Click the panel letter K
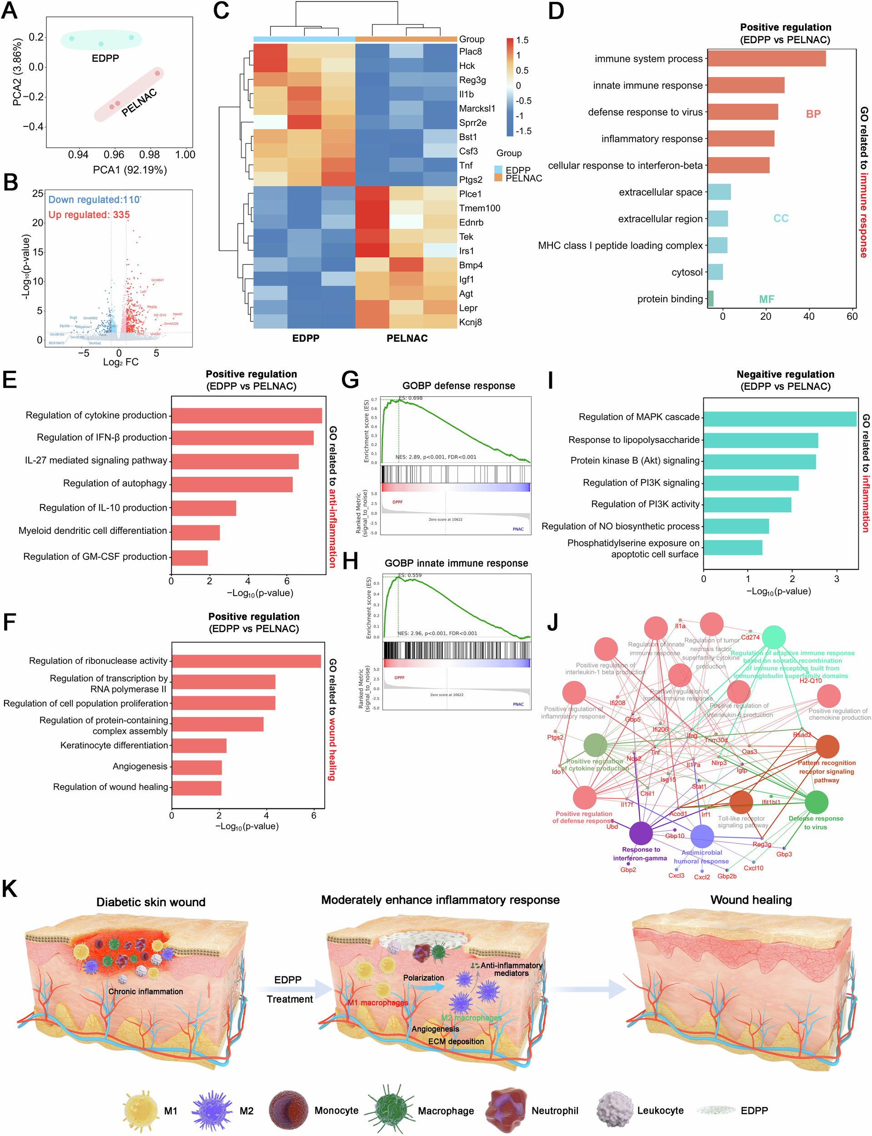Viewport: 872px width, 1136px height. coord(10,888)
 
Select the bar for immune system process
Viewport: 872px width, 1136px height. coord(766,59)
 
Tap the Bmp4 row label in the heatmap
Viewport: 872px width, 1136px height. coord(470,265)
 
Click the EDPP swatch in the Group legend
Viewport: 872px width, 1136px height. coord(498,169)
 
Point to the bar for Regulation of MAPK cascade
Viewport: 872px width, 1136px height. coord(779,419)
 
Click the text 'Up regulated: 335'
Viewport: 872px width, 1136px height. coord(89,215)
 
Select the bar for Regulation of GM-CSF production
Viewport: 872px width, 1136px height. coord(190,558)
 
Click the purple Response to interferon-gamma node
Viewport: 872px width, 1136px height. coord(641,833)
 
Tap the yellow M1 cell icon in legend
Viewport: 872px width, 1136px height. coord(140,1110)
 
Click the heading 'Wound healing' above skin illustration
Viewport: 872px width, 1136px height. coord(751,900)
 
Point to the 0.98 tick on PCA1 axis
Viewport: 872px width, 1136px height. coord(150,154)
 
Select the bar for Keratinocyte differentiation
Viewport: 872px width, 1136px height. coord(199,745)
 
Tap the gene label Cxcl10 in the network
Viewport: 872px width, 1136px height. coord(753,868)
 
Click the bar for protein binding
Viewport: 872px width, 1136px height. coord(710,299)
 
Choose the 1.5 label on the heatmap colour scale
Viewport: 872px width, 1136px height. coord(522,40)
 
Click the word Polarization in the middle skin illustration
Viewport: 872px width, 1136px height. coord(424,978)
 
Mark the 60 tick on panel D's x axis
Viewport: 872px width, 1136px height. coord(851,317)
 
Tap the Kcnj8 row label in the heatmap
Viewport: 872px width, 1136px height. coord(470,322)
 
